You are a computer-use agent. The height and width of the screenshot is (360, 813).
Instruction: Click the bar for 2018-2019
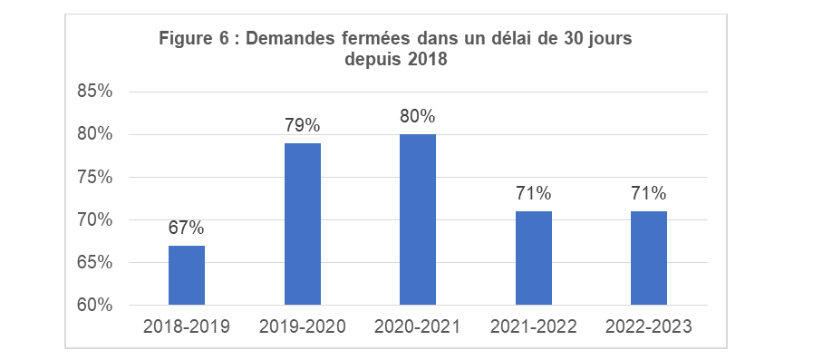click(186, 275)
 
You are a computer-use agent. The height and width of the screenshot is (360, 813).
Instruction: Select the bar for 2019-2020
click(302, 224)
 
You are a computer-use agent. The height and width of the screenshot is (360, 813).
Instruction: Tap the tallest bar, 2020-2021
click(418, 219)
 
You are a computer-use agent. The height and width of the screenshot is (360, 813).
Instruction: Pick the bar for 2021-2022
click(534, 258)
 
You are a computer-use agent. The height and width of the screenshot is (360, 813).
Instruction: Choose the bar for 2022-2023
click(649, 258)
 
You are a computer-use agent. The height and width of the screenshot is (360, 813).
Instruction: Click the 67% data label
click(186, 228)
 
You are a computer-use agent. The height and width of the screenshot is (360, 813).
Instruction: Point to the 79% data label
click(302, 125)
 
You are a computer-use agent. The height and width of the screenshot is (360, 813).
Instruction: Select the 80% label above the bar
click(418, 116)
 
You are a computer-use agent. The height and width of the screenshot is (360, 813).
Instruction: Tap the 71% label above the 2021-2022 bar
click(534, 193)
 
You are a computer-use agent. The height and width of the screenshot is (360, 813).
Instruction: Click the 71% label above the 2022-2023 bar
click(649, 193)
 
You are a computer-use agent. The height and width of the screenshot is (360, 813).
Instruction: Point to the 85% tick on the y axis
click(94, 92)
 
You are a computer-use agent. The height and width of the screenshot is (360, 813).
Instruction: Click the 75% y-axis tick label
click(94, 178)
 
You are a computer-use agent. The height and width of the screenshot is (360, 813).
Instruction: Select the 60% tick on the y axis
click(94, 306)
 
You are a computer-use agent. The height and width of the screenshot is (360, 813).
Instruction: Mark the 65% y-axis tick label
click(94, 263)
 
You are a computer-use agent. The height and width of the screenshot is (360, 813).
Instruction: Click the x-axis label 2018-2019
click(186, 327)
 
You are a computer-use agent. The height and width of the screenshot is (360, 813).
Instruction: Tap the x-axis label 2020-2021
click(418, 327)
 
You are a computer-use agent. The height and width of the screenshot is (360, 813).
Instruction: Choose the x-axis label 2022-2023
click(649, 327)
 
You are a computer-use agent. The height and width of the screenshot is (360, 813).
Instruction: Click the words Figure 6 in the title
click(192, 39)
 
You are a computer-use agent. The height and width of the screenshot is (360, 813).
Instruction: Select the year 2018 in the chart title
click(428, 60)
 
